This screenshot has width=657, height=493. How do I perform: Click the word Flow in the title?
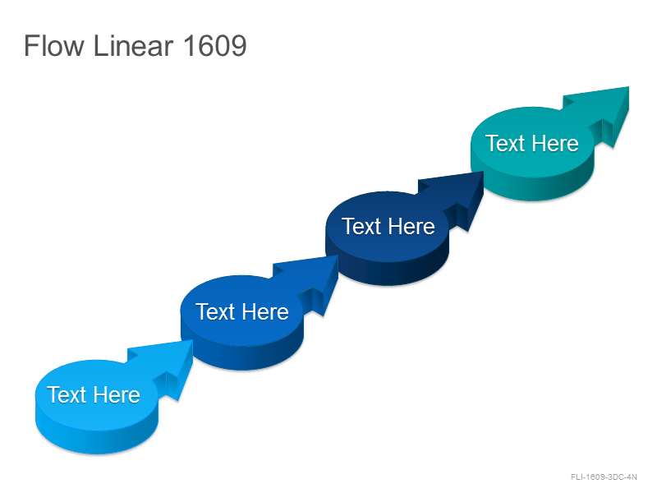(54, 45)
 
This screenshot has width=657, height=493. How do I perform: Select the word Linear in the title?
(133, 45)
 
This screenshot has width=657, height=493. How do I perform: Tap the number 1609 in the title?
(215, 45)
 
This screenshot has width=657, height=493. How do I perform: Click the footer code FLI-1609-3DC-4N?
(604, 477)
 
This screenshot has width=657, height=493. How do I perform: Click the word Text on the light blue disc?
(67, 395)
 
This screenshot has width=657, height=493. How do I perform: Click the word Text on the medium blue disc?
(215, 312)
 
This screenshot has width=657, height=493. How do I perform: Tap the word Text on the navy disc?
(361, 227)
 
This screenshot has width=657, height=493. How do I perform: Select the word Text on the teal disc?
(505, 143)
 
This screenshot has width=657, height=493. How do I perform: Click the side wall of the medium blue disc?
(241, 358)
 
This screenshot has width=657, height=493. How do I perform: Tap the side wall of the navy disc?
(387, 274)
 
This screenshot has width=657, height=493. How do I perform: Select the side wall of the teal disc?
(532, 189)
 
